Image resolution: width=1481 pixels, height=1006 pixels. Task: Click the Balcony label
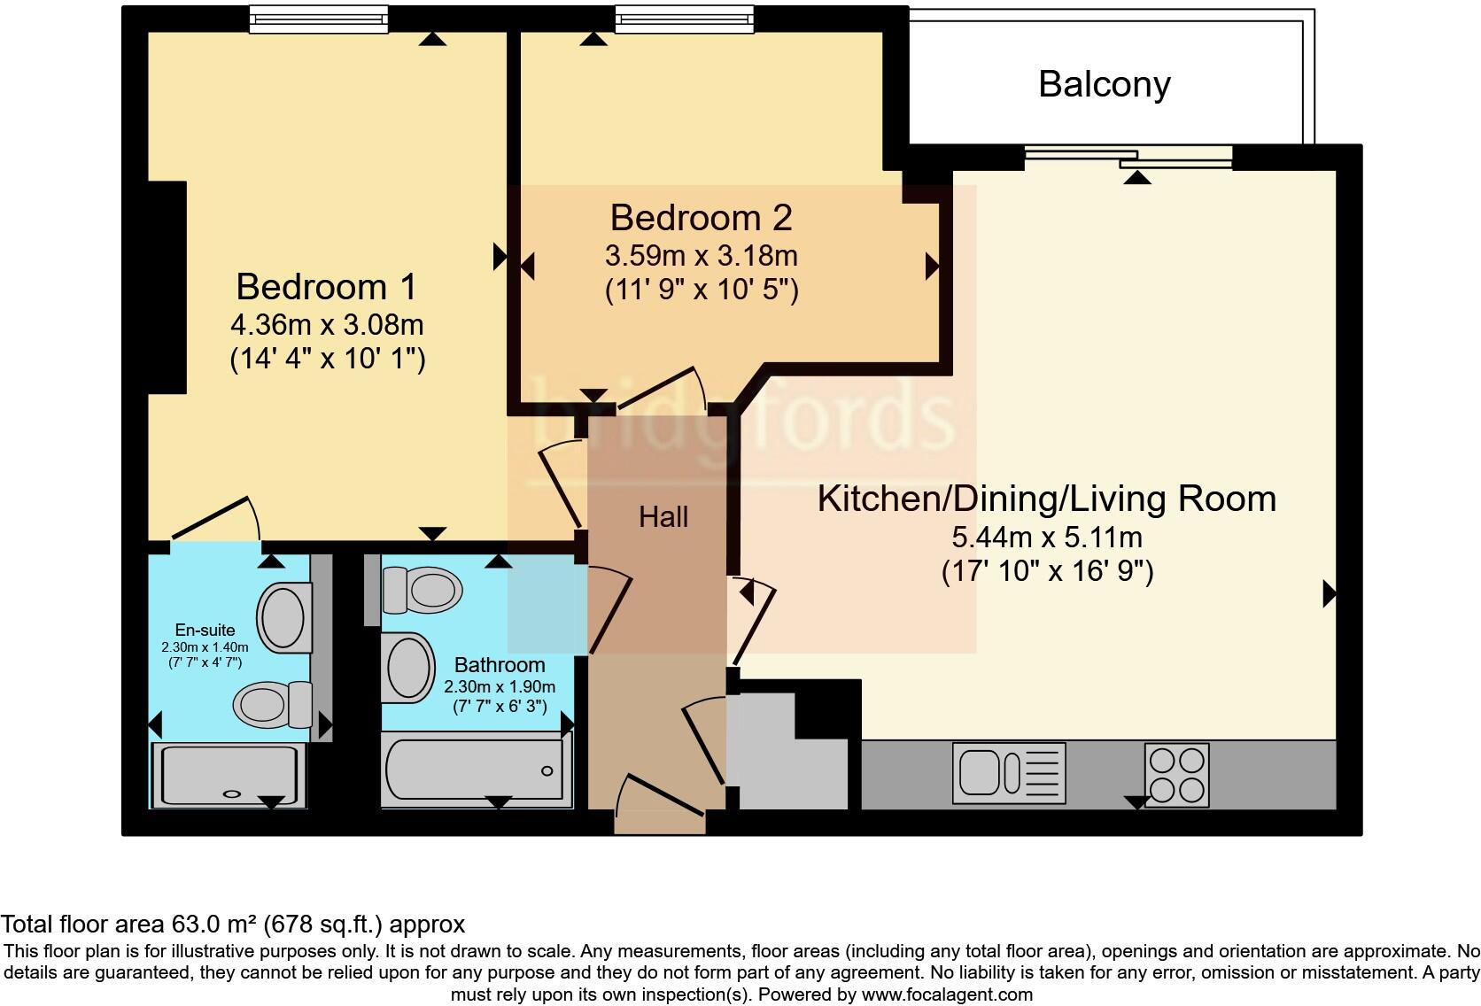click(x=1105, y=86)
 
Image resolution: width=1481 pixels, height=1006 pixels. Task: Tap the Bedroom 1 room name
click(x=327, y=287)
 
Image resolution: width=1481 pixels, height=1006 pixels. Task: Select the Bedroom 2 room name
click(x=701, y=218)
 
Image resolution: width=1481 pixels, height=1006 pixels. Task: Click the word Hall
click(x=663, y=517)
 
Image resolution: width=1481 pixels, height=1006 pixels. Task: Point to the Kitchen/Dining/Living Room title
click(x=1047, y=499)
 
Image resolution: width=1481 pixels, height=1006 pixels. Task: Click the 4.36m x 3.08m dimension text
click(x=327, y=324)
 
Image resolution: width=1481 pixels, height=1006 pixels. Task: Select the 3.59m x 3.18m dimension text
click(x=701, y=256)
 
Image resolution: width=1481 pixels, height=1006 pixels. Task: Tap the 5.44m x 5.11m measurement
click(x=1047, y=538)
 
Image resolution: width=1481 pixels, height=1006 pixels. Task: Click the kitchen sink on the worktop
click(x=1009, y=773)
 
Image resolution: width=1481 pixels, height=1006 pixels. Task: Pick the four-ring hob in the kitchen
click(x=1177, y=775)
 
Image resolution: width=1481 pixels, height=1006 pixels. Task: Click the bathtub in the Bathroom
click(x=477, y=770)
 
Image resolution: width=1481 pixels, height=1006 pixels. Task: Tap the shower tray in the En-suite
click(x=229, y=776)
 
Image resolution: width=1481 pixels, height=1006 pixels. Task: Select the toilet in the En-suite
click(x=273, y=704)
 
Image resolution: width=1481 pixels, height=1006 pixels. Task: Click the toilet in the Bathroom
click(x=422, y=590)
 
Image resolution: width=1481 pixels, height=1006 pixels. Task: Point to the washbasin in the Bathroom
click(x=408, y=668)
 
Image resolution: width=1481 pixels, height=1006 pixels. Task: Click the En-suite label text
click(x=205, y=630)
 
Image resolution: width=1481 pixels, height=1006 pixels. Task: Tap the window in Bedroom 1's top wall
click(x=319, y=19)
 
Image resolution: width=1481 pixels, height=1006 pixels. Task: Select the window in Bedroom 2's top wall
click(x=685, y=19)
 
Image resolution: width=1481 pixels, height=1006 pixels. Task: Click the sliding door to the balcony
click(x=1128, y=158)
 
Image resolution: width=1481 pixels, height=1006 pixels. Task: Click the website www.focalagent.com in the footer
click(x=947, y=994)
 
